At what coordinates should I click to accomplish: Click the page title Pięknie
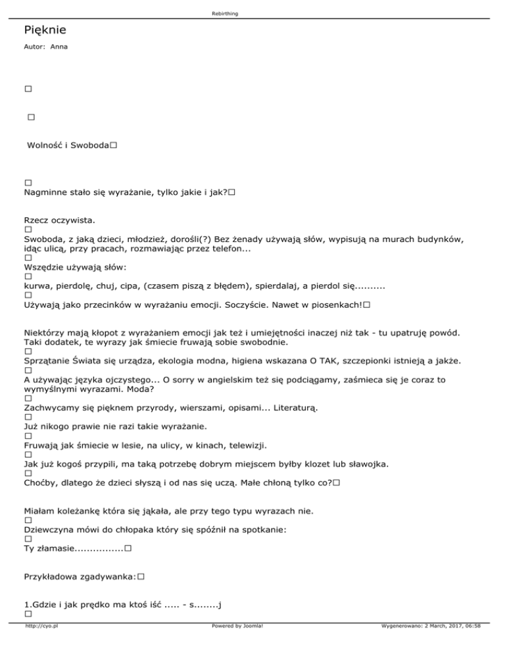point(44,30)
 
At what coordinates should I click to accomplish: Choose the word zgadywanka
point(108,576)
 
